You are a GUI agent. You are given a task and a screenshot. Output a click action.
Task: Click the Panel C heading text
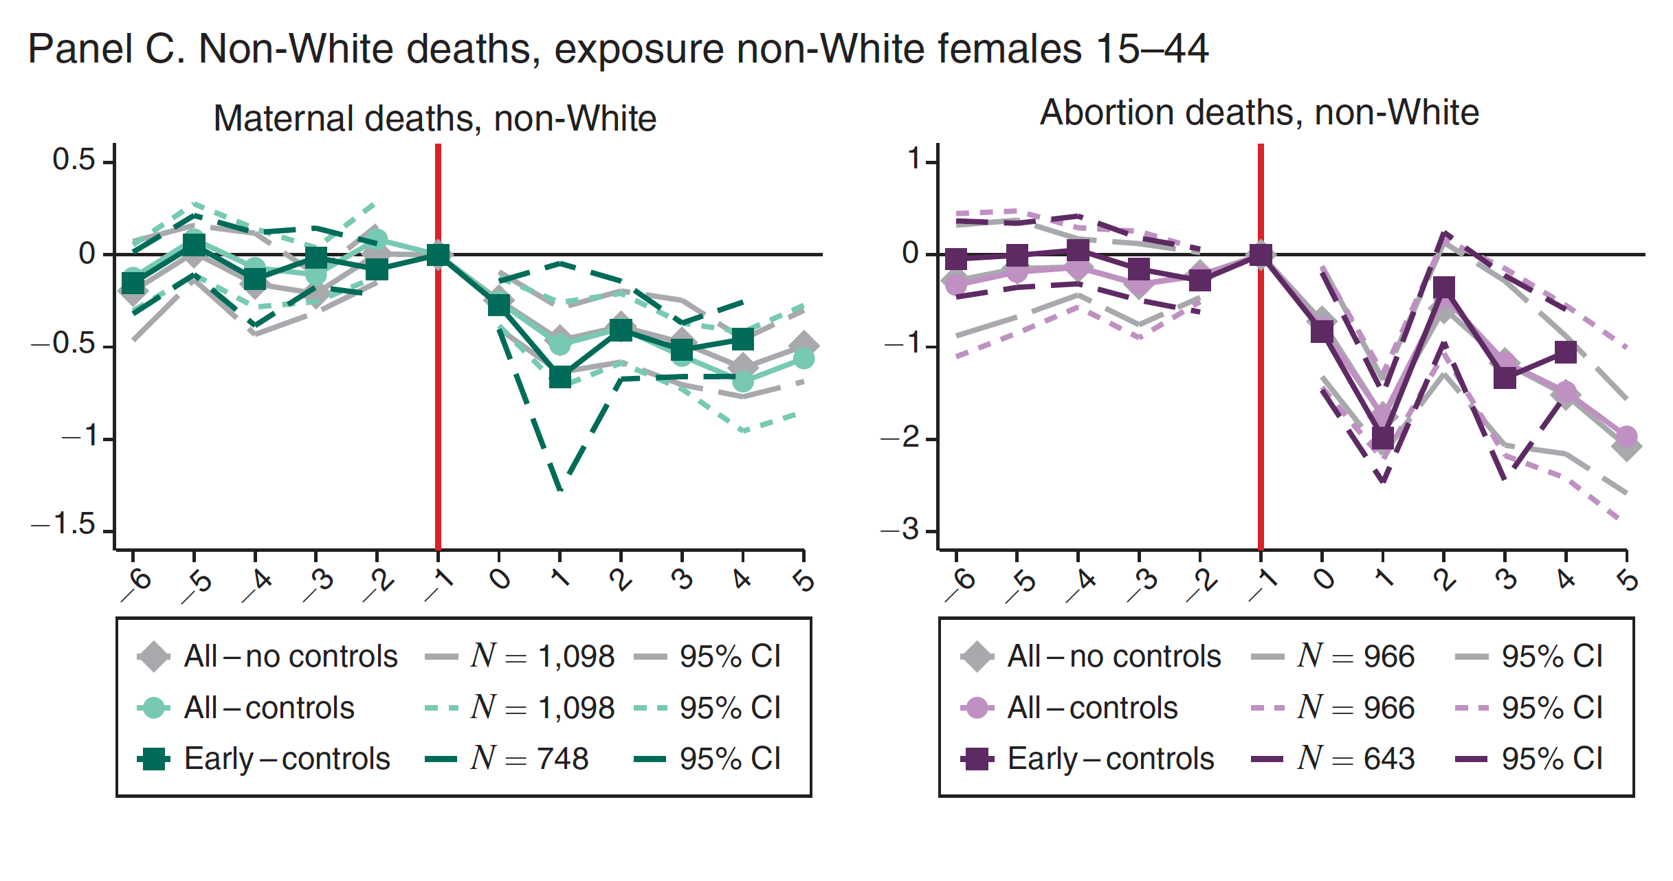pos(617,49)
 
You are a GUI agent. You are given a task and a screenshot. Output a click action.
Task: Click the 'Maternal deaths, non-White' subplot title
pos(434,118)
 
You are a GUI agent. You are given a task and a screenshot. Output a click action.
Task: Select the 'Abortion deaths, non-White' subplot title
pos(1259,113)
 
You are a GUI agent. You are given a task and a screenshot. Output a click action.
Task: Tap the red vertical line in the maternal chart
pos(438,412)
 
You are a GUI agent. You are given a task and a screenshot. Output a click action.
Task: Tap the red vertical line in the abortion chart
pos(1261,412)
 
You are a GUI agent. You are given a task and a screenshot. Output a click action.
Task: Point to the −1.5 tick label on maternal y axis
pos(63,524)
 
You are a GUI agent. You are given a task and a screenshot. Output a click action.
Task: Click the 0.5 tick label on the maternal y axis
pos(74,160)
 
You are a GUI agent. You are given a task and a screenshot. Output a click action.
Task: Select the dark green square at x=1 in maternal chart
pos(560,377)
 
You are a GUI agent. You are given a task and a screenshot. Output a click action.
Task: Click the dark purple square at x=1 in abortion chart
pos(1383,438)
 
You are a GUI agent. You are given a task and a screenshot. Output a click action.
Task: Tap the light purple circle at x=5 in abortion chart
pos(1626,436)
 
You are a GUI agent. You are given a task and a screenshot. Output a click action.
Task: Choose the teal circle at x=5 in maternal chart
pos(804,358)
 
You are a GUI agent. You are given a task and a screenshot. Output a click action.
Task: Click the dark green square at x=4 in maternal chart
pos(742,339)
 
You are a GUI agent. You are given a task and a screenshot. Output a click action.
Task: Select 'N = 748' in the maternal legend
pos(529,759)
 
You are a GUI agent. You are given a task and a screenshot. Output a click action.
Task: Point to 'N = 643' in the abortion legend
pos(1355,759)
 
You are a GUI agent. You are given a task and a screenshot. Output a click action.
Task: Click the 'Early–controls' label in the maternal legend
pos(287,759)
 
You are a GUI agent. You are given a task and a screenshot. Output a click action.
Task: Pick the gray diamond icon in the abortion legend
pos(977,656)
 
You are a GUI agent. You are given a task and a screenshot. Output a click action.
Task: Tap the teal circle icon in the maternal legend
pos(153,708)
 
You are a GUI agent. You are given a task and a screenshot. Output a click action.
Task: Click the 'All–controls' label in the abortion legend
pos(1092,708)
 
